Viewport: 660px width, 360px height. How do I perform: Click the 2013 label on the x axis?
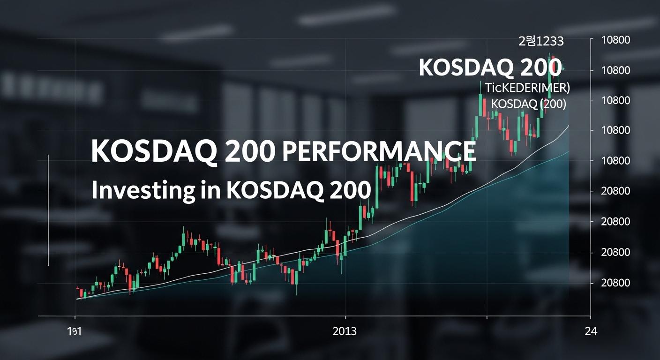point(345,331)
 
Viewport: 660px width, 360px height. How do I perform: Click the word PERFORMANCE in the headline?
point(378,151)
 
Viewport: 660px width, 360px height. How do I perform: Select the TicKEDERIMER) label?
point(527,88)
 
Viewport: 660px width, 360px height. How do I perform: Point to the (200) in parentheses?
point(554,104)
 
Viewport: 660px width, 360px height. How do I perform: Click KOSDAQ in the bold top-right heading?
point(466,68)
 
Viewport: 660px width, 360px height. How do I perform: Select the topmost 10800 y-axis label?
point(615,40)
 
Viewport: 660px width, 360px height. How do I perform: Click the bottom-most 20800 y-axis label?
point(615,283)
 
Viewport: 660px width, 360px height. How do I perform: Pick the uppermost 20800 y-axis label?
point(615,191)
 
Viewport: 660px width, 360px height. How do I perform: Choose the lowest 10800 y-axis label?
point(615,161)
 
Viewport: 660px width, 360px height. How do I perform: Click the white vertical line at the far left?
point(48,210)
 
